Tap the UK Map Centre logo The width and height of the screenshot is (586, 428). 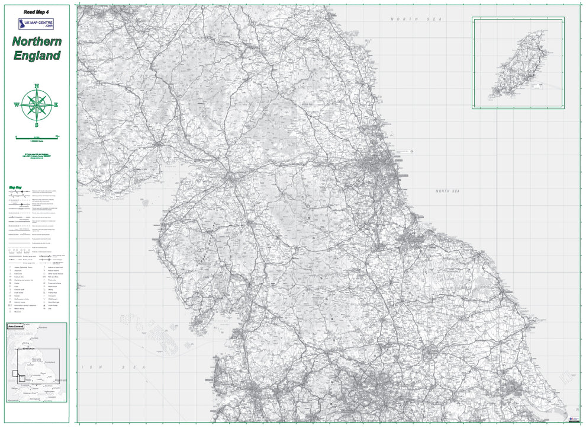coord(37,24)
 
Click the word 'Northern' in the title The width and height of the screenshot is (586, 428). coord(37,41)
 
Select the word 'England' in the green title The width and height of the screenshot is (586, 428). coord(37,56)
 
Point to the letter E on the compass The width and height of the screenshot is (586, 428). coord(57,105)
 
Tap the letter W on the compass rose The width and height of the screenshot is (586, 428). coord(17,106)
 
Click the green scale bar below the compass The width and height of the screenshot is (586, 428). coord(37,137)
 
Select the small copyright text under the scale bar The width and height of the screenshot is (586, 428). coord(37,156)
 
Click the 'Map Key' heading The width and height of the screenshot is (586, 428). coord(15,189)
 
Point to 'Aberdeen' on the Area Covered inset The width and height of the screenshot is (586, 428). coord(42,328)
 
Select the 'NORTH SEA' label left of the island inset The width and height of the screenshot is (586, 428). coord(408,20)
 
